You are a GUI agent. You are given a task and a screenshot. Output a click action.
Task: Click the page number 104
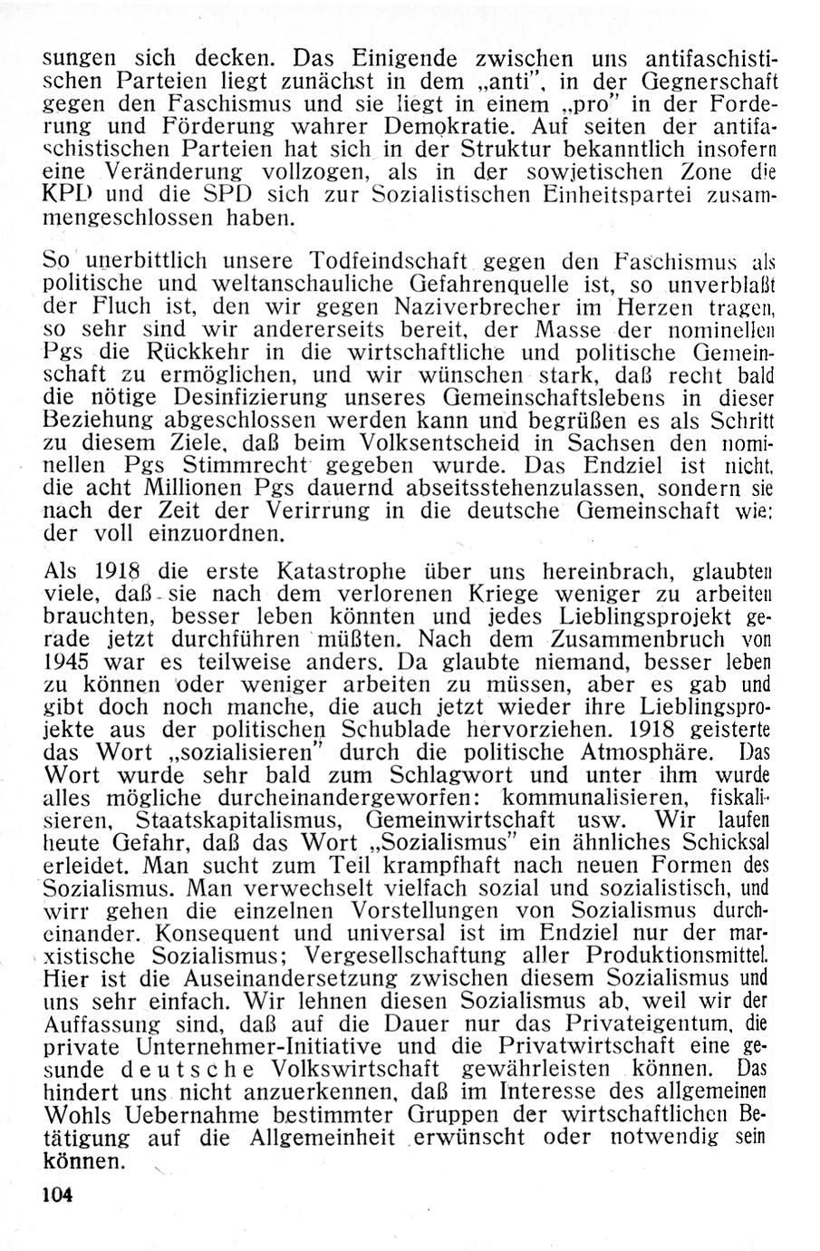(56, 1194)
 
